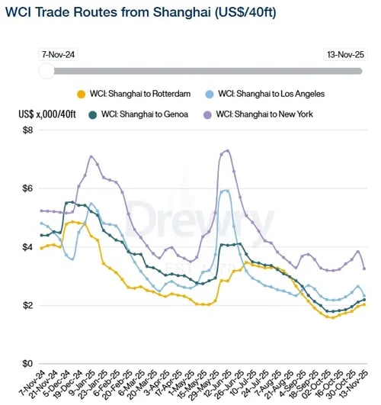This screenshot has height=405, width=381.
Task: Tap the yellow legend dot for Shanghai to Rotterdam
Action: click(81, 94)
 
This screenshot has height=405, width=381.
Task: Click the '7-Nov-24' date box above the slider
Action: click(58, 55)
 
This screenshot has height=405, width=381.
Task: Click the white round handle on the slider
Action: click(46, 71)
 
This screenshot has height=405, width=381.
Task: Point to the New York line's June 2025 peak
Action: click(227, 150)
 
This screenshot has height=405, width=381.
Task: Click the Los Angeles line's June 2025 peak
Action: click(226, 191)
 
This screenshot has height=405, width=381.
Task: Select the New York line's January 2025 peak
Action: click(91, 156)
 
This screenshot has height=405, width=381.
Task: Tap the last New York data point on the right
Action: click(363, 268)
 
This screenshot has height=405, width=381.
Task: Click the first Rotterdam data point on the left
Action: click(41, 249)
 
